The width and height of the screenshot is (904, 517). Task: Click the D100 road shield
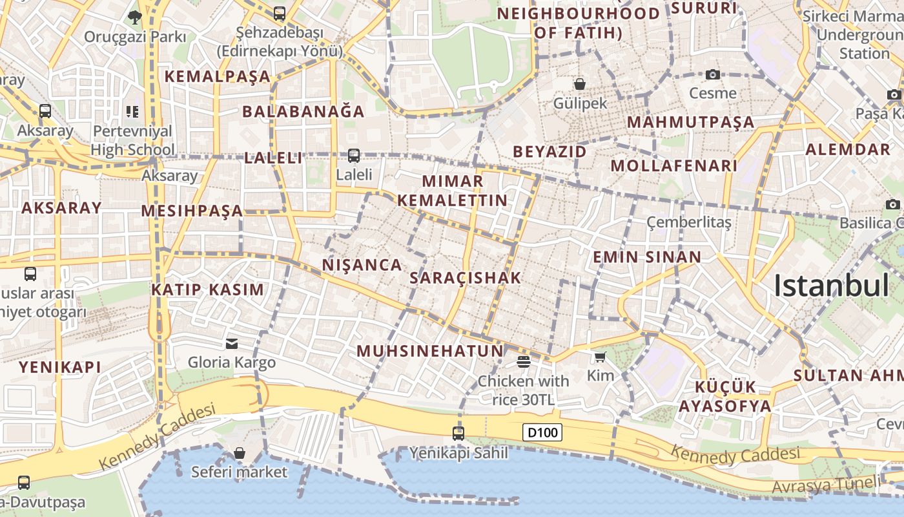542,432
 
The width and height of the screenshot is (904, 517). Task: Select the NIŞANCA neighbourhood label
362,265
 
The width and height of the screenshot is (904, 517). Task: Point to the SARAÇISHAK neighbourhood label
465,278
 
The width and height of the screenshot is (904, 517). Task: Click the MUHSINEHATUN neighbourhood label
430,351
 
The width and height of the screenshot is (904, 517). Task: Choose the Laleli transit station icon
354,156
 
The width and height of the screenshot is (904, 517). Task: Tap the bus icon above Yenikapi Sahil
458,433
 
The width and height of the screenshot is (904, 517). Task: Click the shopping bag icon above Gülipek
580,83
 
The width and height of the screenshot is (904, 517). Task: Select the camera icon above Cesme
713,75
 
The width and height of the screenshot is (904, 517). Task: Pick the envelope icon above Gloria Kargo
232,343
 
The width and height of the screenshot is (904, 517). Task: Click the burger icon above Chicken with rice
523,362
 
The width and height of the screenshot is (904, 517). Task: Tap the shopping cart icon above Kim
600,356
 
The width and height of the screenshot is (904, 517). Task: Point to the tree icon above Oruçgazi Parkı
134,17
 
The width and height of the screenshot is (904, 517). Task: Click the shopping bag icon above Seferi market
240,453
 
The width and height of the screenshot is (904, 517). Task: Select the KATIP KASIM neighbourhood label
208,290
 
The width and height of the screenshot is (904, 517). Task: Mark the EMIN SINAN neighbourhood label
647,257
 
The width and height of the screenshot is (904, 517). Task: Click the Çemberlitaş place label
689,223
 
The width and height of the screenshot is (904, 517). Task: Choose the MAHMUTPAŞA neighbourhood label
691,122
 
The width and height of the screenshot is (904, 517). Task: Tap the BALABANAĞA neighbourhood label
303,111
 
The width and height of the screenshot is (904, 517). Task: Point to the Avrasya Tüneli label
827,483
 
